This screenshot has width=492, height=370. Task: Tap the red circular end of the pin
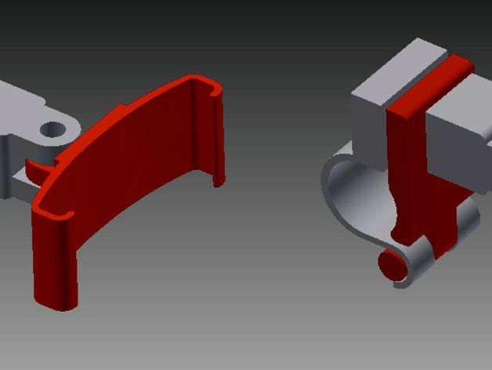pos(390,264)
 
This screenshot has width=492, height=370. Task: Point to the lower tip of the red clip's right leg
pos(220,183)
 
